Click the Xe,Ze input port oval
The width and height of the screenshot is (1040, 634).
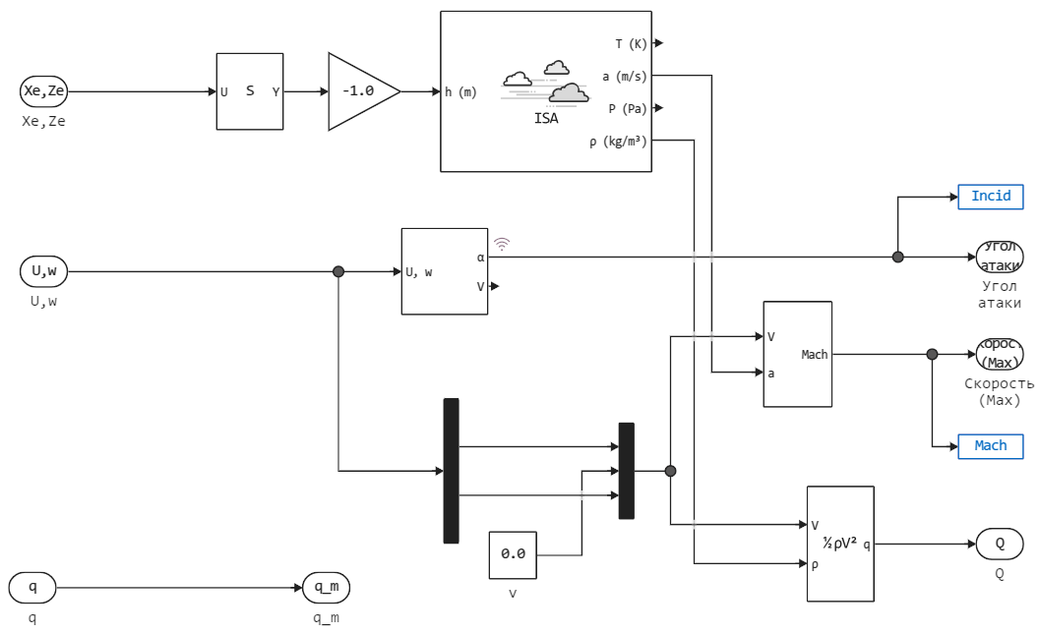44,91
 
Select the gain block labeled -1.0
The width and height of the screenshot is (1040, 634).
360,91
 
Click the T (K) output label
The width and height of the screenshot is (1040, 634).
631,43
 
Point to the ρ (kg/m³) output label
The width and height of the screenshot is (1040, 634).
618,142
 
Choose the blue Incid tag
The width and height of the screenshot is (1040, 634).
990,197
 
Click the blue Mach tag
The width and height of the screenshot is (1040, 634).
990,446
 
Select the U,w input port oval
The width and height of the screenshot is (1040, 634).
44,271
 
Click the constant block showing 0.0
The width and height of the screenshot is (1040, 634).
513,554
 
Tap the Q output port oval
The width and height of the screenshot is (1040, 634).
999,544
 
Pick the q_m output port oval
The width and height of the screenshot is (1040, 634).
326,588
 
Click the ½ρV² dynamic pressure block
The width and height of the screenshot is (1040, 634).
839,544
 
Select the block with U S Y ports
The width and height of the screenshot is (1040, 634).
250,91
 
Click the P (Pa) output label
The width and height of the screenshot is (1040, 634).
627,108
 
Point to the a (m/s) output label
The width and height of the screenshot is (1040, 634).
624,76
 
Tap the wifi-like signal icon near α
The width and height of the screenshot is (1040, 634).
502,243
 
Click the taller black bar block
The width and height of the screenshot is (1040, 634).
451,471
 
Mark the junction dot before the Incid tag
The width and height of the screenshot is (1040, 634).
897,258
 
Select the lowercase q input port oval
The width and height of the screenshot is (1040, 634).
32,588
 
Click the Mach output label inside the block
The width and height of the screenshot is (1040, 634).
815,355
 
